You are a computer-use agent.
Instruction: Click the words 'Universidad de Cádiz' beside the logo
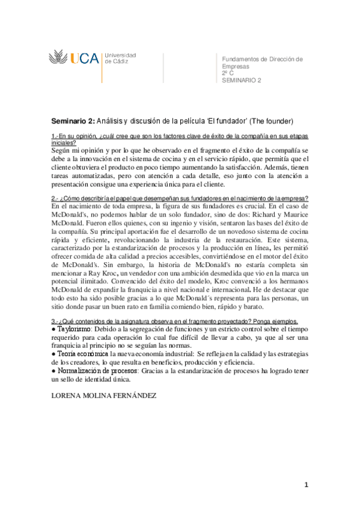[120, 58]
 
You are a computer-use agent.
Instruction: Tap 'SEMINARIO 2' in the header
[242, 80]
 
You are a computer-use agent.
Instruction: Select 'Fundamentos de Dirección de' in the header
[262, 60]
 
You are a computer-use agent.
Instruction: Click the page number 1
[306, 485]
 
